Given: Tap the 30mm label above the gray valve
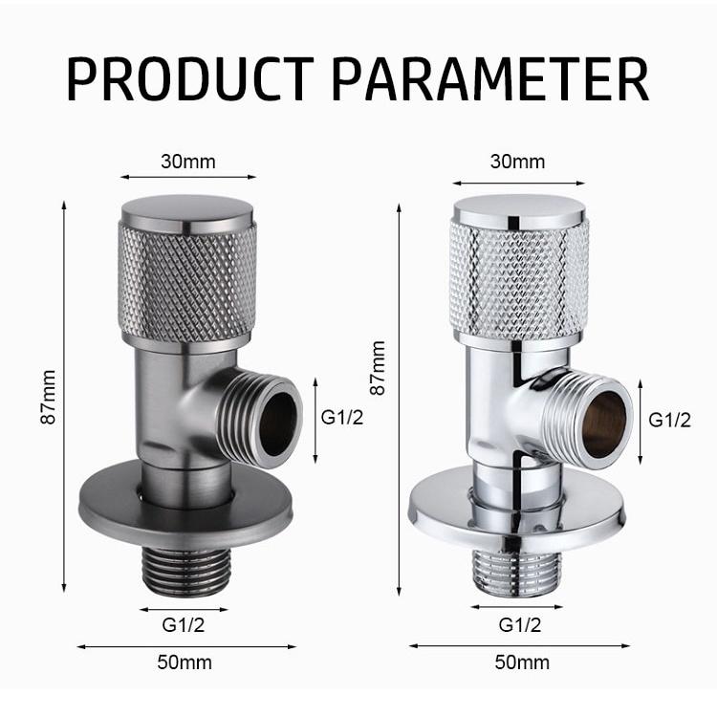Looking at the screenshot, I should tap(188, 161).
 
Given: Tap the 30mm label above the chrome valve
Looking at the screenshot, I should tap(517, 161).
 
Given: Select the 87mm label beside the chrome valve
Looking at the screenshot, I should tap(379, 368).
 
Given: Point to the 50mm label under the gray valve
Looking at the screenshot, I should tap(185, 662).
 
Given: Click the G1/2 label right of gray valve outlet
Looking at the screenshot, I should tap(341, 417).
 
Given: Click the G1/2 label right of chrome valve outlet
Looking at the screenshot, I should tap(669, 419).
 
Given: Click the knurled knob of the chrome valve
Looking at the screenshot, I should tap(519, 277).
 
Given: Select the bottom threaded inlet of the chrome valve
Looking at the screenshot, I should tap(518, 574).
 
